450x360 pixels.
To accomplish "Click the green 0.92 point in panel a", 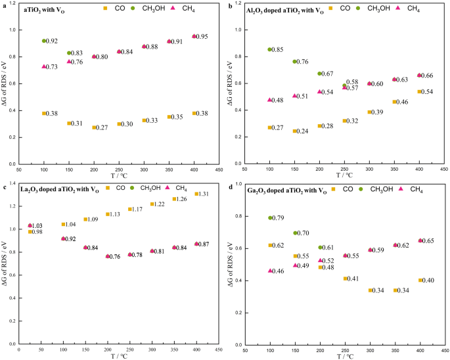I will [x=44, y=41].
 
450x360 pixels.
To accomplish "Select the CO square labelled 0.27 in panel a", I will [x=94, y=127].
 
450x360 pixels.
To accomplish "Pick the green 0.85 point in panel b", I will [x=269, y=49].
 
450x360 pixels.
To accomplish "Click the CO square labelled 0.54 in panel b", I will [x=419, y=91].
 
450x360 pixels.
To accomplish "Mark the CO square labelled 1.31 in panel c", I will [x=196, y=194].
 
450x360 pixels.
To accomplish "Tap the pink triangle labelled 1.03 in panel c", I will [x=30, y=225].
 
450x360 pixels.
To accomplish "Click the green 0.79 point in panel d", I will [x=269, y=218].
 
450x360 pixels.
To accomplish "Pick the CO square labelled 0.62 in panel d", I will [x=269, y=245].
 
